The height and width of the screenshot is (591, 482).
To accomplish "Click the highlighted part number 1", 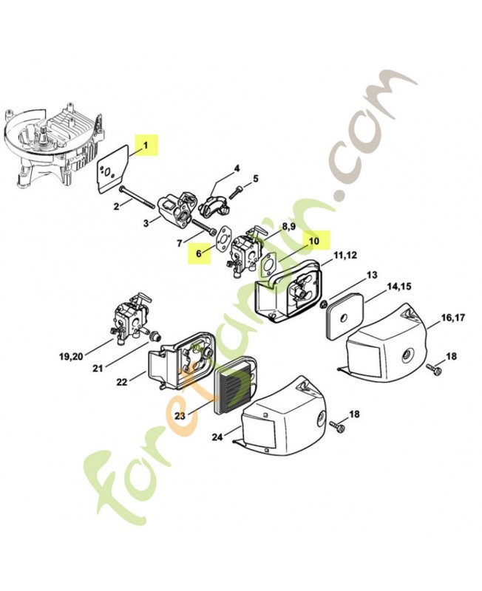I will (x=146, y=146).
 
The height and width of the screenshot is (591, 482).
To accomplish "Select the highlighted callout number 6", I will (x=198, y=252).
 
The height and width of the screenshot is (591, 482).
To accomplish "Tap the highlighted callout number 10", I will (x=313, y=240).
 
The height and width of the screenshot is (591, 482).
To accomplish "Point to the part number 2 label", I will (x=117, y=206).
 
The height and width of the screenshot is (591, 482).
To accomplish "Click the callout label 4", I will (x=237, y=168).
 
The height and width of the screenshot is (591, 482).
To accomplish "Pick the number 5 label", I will (x=256, y=178).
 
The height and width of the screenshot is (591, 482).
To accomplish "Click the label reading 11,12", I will (x=345, y=256).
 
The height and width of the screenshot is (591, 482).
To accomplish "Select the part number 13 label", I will (x=371, y=275).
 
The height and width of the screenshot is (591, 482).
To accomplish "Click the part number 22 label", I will (x=122, y=381).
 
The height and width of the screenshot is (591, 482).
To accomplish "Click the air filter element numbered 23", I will (x=234, y=389).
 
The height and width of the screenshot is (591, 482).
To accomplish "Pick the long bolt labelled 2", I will (x=142, y=197).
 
